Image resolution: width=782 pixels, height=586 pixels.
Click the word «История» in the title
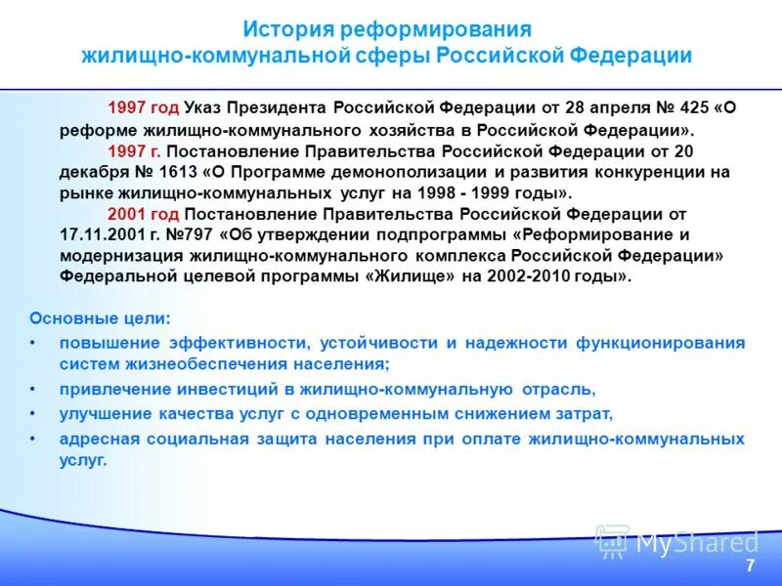(x=289, y=29)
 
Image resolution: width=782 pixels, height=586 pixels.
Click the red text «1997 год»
(x=143, y=107)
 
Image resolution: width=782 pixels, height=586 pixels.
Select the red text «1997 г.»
(x=135, y=151)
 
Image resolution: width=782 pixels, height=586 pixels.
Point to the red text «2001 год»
(x=143, y=214)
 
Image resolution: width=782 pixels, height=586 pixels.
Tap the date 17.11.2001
(x=101, y=234)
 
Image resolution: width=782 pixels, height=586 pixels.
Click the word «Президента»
(x=281, y=107)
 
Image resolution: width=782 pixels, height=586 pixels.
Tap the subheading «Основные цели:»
(x=100, y=318)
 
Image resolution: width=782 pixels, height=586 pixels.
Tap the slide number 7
(x=750, y=566)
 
